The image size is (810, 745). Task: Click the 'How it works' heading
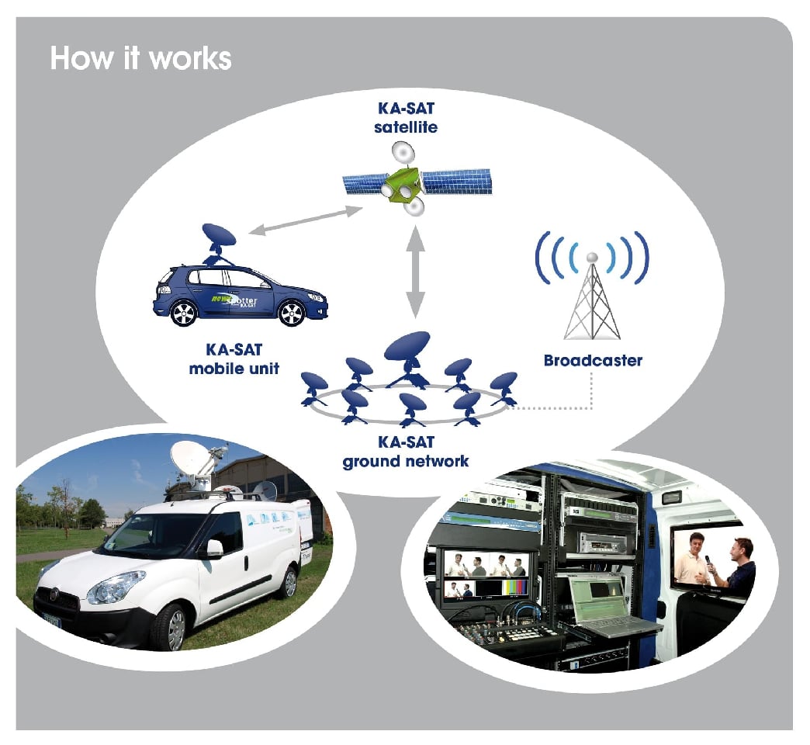140,59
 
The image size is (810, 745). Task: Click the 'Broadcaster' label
593,361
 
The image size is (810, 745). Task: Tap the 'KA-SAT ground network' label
406,452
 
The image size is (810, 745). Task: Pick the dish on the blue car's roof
216,237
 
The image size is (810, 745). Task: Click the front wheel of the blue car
291,314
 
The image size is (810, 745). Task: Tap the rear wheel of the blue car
183,313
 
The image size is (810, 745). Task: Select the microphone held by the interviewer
708,564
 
